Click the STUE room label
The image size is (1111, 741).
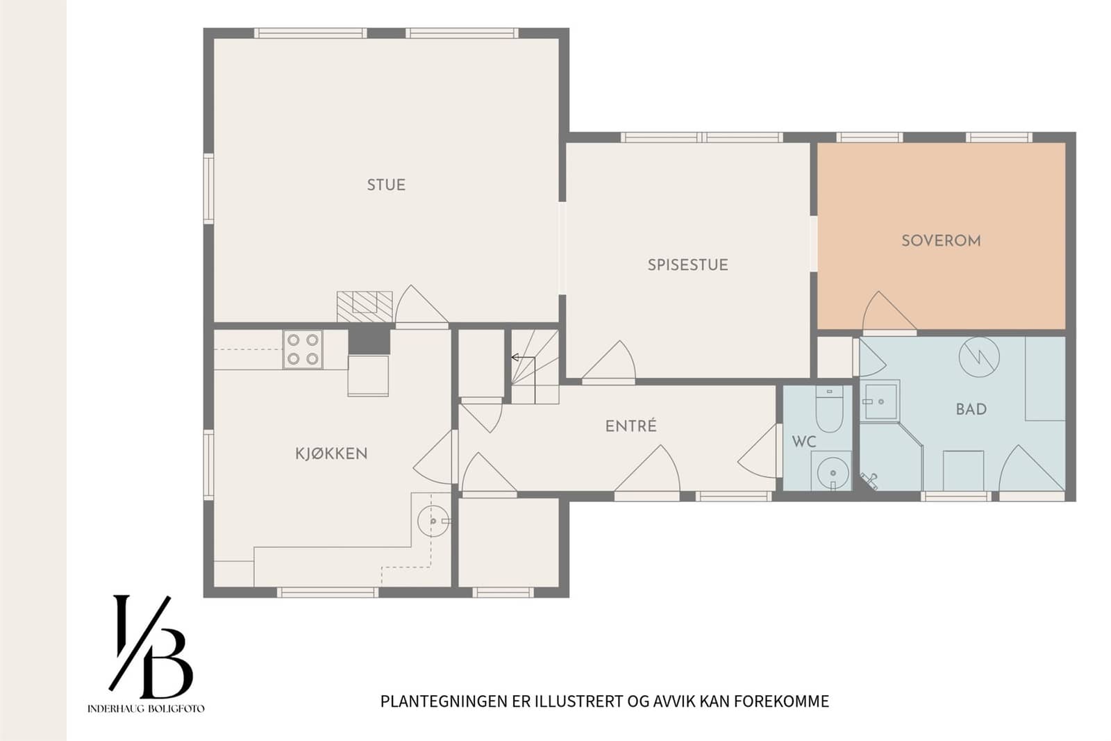click(386, 185)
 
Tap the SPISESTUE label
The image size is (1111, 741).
click(688, 265)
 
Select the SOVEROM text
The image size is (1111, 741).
click(941, 241)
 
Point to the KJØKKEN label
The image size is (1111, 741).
click(331, 453)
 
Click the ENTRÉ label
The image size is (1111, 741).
click(631, 426)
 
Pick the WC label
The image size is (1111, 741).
click(804, 442)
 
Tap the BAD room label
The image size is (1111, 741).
click(971, 409)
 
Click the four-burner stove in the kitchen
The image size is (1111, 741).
click(303, 349)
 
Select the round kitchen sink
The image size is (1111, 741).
click(433, 521)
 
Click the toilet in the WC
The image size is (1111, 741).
click(829, 408)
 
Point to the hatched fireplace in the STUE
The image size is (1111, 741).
click(365, 306)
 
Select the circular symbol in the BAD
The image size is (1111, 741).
click(979, 357)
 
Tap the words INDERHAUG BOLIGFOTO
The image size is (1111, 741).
click(146, 709)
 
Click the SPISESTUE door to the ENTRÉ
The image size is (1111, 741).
click(608, 360)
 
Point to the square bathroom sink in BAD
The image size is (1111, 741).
click(879, 401)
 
